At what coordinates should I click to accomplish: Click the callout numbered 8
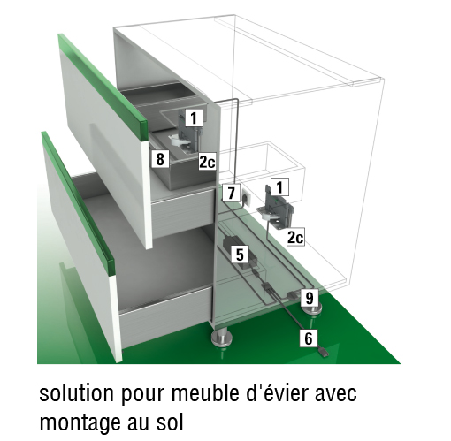pos(160,159)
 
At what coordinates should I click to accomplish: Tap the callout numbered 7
pos(231,193)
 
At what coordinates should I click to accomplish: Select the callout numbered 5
pos(240,255)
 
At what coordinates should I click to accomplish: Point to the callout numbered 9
pos(310,298)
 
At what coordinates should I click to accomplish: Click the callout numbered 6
pos(309,338)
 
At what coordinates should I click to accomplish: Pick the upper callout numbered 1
pos(194,118)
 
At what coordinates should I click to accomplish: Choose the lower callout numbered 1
pos(279,186)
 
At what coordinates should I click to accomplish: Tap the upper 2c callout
pos(207,162)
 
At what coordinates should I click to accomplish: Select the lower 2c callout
pos(295,237)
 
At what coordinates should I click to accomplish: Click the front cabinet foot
pos(223,338)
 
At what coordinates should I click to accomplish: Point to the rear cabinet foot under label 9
pos(311,310)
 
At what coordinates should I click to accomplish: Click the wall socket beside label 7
pos(246,196)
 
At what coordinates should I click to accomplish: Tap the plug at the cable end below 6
pos(324,353)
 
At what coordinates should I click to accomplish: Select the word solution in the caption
pos(77,393)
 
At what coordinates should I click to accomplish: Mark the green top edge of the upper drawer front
pos(103,87)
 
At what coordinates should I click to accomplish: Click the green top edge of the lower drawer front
pos(78,204)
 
